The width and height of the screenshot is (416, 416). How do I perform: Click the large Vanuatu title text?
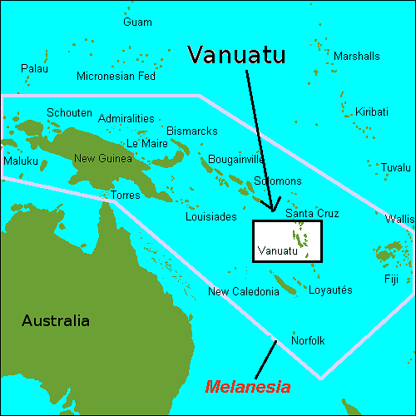(x=236, y=55)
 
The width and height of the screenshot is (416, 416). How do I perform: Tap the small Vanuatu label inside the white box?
(x=277, y=250)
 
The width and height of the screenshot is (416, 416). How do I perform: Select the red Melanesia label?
(x=248, y=387)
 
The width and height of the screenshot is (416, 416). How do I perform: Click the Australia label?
(x=56, y=321)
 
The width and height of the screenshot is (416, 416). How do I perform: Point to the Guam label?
(x=137, y=22)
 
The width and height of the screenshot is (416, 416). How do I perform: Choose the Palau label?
(x=34, y=67)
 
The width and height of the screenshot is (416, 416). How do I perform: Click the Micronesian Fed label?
(x=116, y=77)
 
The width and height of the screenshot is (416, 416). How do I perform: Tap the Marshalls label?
(x=356, y=56)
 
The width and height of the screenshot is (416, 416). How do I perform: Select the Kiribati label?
(x=371, y=111)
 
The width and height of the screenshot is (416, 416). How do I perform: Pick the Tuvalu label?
(x=395, y=167)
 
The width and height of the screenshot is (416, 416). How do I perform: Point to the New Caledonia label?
(x=240, y=291)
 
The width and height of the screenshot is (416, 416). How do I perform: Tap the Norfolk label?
(x=308, y=340)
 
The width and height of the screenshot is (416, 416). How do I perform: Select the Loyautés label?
(x=331, y=290)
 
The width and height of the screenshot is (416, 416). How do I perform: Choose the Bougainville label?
(x=235, y=159)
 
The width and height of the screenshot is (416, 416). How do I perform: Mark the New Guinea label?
(x=103, y=159)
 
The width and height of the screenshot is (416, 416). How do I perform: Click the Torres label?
(x=126, y=196)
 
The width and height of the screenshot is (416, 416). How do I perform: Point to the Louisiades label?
(x=211, y=217)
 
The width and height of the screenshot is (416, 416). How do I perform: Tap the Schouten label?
(x=68, y=112)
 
